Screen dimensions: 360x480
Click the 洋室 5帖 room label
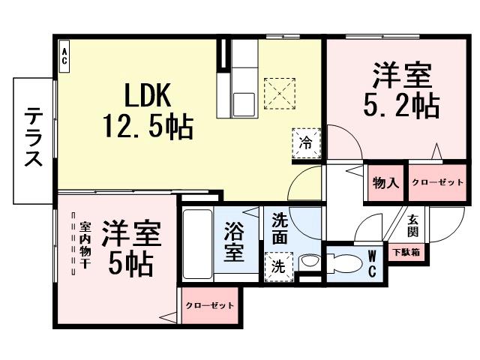point(131,247)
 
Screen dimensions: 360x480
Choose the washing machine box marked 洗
point(277,265)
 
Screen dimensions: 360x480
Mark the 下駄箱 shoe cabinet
point(405,253)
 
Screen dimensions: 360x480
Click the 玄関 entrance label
point(413,226)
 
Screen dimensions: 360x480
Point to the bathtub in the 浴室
point(198,244)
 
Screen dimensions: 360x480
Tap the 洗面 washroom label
point(279,229)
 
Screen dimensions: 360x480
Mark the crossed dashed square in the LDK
point(279,94)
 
